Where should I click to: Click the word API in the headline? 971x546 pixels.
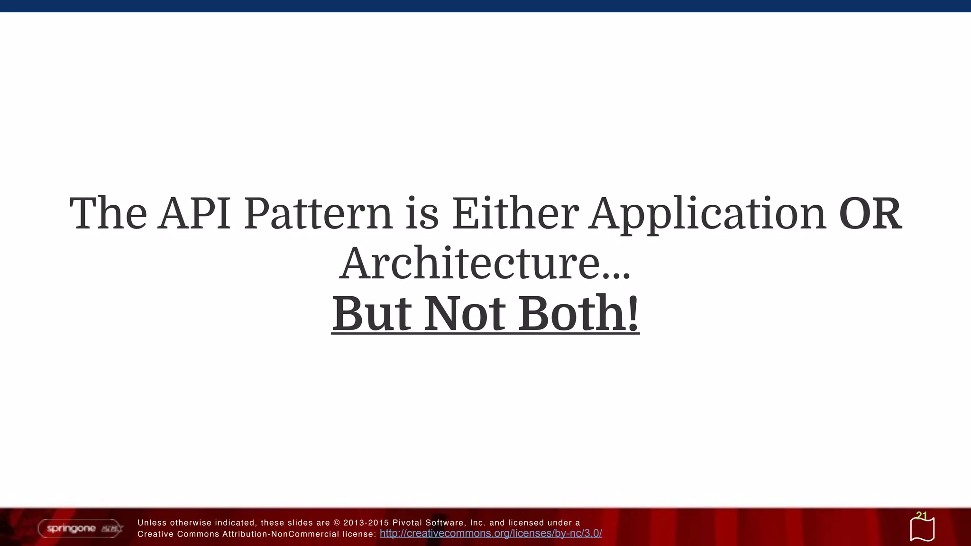195,213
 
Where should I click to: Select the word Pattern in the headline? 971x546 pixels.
318,213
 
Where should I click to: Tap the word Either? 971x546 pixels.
515,213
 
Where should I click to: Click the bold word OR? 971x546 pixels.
870,213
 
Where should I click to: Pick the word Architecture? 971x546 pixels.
469,264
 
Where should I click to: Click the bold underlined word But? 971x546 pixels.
371,314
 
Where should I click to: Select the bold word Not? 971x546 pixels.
464,314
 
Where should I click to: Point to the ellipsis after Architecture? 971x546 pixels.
616,275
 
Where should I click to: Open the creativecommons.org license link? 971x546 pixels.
491,533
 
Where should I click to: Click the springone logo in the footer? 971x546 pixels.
80,528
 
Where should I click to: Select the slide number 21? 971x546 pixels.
921,515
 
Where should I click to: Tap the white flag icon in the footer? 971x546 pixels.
922,529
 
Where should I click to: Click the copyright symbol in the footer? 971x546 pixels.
337,523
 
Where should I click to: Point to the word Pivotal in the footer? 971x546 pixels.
407,523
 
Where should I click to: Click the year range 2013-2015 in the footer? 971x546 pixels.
366,523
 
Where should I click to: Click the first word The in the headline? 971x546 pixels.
108,213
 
